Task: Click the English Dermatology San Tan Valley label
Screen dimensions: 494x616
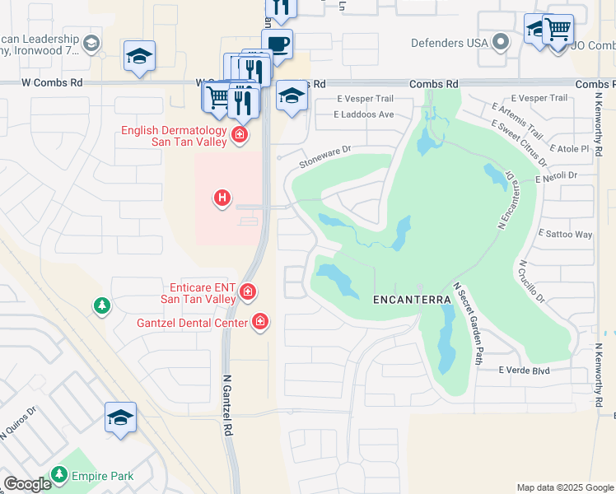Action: coord(174,136)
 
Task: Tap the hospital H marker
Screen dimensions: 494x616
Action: coord(222,198)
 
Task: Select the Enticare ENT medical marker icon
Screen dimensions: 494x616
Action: coord(247,291)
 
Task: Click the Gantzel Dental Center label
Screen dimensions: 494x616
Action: coord(192,323)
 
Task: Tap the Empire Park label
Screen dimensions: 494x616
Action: coord(102,475)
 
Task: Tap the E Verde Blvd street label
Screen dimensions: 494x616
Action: coord(524,370)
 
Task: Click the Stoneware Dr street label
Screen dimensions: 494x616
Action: coord(325,156)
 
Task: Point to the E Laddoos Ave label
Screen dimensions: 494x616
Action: coord(366,114)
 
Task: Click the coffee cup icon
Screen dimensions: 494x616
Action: coord(278,44)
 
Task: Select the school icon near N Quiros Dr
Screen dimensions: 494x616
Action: coord(120,417)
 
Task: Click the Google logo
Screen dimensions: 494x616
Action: coord(28,484)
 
